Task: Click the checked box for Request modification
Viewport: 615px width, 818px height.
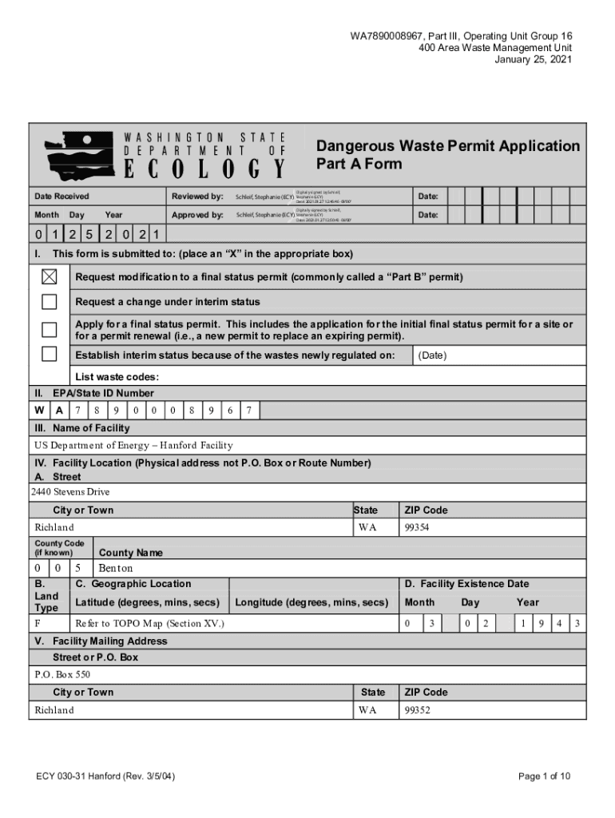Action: coord(50,276)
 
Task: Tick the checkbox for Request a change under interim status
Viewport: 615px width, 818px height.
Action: coord(50,301)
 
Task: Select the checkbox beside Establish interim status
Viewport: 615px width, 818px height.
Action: coord(50,354)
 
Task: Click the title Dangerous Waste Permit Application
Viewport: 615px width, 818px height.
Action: coord(448,146)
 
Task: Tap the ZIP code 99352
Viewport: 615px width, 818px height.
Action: coord(418,710)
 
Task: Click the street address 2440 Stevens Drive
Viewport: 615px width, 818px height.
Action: coord(70,492)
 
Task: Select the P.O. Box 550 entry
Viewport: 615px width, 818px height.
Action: coord(62,674)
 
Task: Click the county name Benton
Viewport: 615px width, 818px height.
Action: coord(115,568)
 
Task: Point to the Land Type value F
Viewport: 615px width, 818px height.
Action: coord(38,622)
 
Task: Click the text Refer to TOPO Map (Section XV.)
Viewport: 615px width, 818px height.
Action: coord(149,622)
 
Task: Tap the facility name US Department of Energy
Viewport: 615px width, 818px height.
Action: coord(133,445)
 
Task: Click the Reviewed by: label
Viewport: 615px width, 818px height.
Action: coord(197,197)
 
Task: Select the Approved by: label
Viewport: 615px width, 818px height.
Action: coord(197,215)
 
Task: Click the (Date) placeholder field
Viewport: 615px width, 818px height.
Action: coord(433,355)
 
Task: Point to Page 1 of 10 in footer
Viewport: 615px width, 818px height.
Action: coord(544,776)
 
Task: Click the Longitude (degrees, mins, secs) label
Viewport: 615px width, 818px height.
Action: coord(311,602)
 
